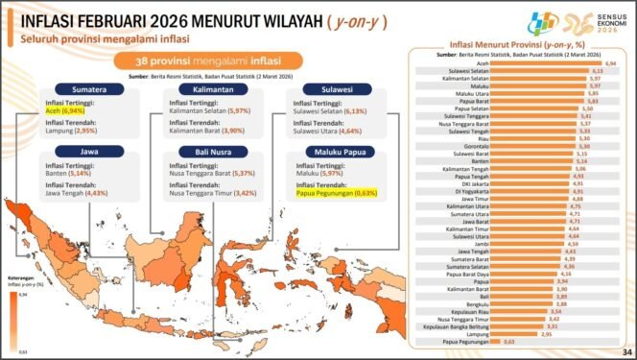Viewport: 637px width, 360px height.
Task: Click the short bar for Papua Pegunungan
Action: pyautogui.click(x=499, y=341)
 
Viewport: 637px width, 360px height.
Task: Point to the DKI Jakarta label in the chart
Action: pyautogui.click(x=477, y=182)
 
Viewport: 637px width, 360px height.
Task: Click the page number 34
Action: pyautogui.click(x=625, y=351)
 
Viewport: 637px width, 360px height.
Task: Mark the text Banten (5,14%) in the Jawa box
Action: pyautogui.click(x=68, y=173)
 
